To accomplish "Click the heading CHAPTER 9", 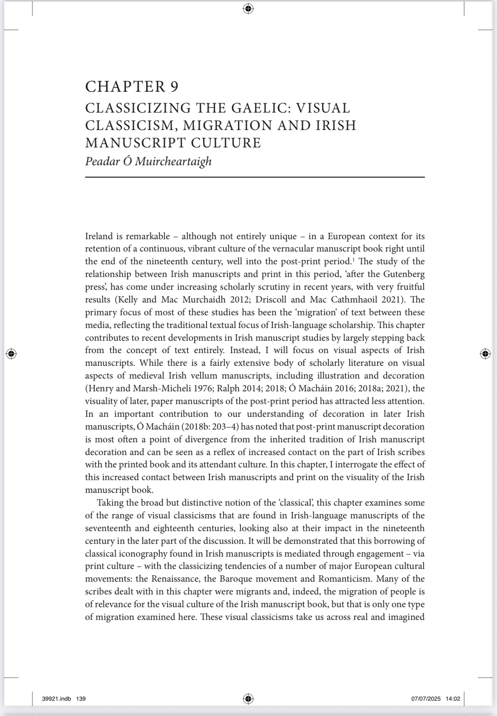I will click(132, 87).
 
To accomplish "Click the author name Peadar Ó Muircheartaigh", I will click(148, 161).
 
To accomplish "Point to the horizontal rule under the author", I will click(255, 177).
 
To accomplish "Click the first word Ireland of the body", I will click(99, 236).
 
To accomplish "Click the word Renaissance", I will click(168, 579).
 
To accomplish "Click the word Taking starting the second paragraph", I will click(110, 503).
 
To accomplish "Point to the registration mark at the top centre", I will click(248, 8).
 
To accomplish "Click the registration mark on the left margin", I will click(11, 354).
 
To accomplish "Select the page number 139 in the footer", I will click(81, 699).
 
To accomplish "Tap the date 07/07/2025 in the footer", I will click(426, 699).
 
